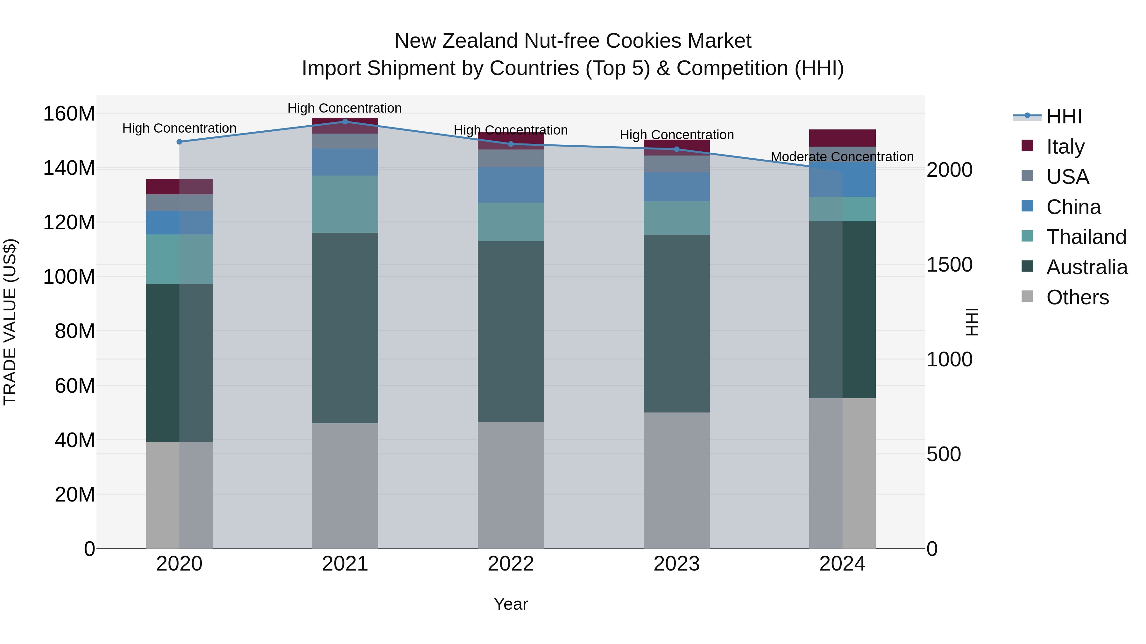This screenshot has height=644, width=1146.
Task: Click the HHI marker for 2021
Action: pyautogui.click(x=345, y=121)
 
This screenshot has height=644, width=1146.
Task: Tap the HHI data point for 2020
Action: pyautogui.click(x=179, y=142)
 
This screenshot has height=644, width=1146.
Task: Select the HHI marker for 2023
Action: pyautogui.click(x=677, y=149)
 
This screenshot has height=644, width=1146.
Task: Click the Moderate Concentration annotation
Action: pyautogui.click(x=842, y=157)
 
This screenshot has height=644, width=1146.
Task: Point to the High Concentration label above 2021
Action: pyautogui.click(x=344, y=108)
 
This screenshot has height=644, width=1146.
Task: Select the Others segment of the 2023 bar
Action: pyautogui.click(x=677, y=480)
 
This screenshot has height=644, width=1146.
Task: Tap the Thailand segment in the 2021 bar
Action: pyautogui.click(x=345, y=204)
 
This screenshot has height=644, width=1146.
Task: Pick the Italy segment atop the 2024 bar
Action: pyautogui.click(x=842, y=138)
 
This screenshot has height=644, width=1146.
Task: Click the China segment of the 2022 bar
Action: pyautogui.click(x=511, y=185)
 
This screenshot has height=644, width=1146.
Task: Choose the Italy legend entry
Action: pyautogui.click(x=1065, y=147)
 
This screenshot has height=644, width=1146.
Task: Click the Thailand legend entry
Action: pyautogui.click(x=1086, y=237)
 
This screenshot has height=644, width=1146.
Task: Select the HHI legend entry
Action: pyautogui.click(x=1063, y=116)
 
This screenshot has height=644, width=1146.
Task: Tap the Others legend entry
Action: pyautogui.click(x=1077, y=297)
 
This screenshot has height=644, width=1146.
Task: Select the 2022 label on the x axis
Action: pyautogui.click(x=511, y=564)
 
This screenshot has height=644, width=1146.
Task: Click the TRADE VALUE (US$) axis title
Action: pyautogui.click(x=10, y=322)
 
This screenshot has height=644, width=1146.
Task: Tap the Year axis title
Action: pyautogui.click(x=511, y=604)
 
